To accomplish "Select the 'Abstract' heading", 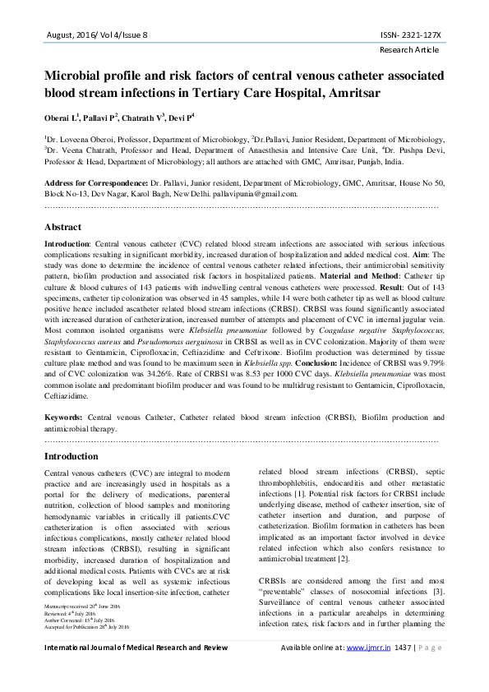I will click(x=62, y=226).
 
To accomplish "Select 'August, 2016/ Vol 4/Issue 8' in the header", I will click(x=96, y=36).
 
